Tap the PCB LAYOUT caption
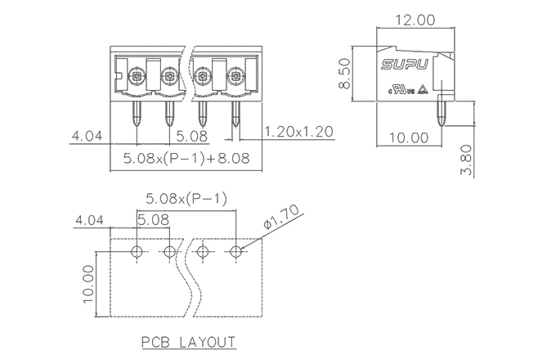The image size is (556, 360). tap(188, 342)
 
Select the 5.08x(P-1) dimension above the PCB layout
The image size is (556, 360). tap(186, 199)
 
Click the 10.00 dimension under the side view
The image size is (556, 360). tap(409, 137)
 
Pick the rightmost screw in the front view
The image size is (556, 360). tap(235, 79)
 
